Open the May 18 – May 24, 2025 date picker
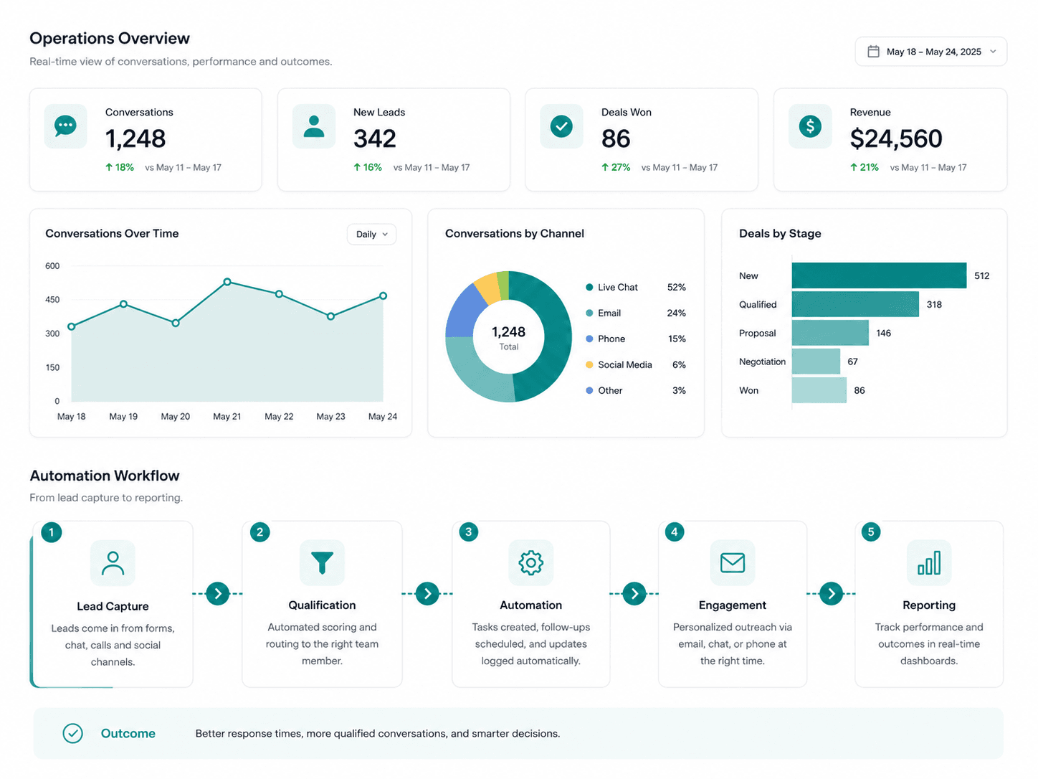930,52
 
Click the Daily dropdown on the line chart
371,234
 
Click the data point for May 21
227,282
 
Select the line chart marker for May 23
331,316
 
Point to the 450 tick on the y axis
52,299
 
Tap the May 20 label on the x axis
176,416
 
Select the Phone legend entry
605,339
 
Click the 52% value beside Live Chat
676,287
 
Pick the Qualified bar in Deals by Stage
855,304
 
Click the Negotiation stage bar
816,362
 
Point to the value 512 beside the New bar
981,275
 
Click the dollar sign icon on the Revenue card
810,126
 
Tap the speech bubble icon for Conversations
65,126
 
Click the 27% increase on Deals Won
616,167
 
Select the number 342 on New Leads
374,138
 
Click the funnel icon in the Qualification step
322,562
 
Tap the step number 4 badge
675,532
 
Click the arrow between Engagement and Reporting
831,594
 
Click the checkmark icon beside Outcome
73,733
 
